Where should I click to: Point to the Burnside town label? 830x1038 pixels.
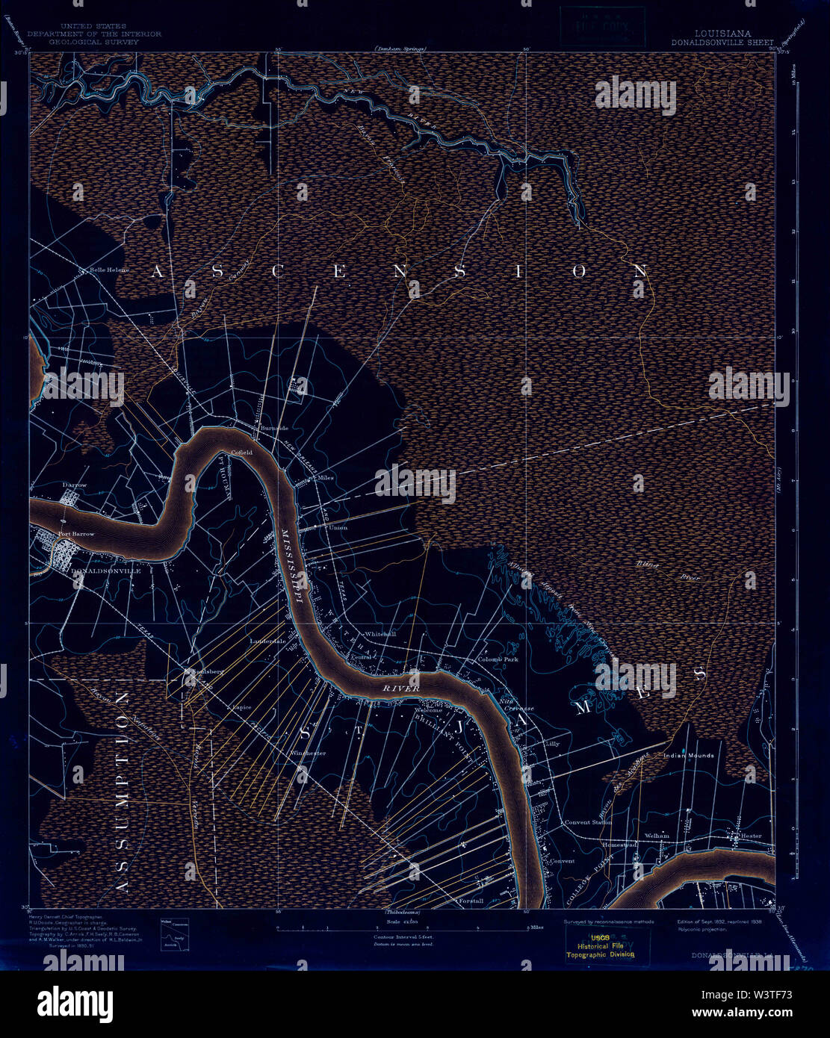(x=275, y=428)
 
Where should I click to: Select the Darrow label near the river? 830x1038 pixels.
(x=75, y=485)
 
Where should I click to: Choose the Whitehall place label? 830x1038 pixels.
(x=380, y=634)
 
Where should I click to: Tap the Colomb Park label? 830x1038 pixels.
(x=498, y=659)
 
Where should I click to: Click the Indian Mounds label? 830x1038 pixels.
(x=689, y=756)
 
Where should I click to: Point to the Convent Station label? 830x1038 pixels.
(x=589, y=822)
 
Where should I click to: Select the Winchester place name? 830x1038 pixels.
(x=309, y=753)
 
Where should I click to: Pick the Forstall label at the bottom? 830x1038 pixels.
(x=471, y=901)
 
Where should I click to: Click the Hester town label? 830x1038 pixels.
(x=751, y=836)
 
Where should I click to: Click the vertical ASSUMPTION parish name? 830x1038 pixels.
(x=123, y=792)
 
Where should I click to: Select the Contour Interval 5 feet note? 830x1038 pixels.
(x=403, y=936)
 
